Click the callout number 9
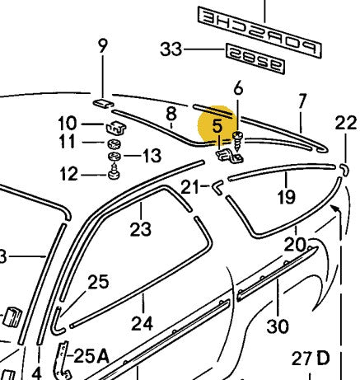[x=103, y=46]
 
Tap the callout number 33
[x=172, y=50]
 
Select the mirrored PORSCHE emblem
[x=264, y=18]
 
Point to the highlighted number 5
[x=217, y=127]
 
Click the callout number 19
[x=286, y=198]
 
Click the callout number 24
[x=142, y=323]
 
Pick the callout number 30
[x=278, y=326]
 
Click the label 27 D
[x=310, y=359]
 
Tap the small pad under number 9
[x=103, y=103]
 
